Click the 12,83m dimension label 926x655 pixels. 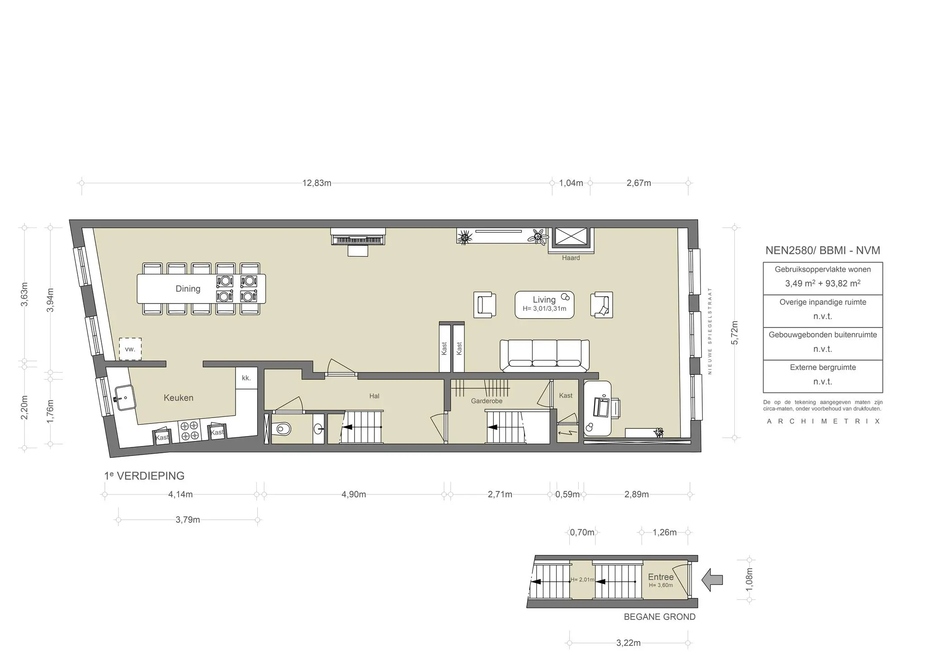pos(317,183)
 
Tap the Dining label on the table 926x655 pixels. pos(188,289)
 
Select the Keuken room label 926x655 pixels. pos(178,398)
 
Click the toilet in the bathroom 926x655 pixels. pos(282,428)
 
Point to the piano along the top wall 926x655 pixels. pos(358,237)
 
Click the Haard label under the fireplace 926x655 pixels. pos(571,258)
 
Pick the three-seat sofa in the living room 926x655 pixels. pos(544,355)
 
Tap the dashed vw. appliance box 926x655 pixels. pos(130,349)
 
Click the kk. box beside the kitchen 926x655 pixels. pos(246,378)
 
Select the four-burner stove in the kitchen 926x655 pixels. pos(189,430)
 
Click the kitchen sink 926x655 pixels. pos(124,398)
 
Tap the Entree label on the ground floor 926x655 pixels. pos(661,577)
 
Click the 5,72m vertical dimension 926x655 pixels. pos(735,332)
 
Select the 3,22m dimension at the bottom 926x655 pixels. pos(628,643)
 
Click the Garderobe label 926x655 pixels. pos(487,401)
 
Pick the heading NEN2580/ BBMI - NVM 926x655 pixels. pos(822,251)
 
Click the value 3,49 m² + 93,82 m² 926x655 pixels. pos(822,284)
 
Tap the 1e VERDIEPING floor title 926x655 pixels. pos(144,476)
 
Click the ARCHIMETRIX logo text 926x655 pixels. pos(823,421)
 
